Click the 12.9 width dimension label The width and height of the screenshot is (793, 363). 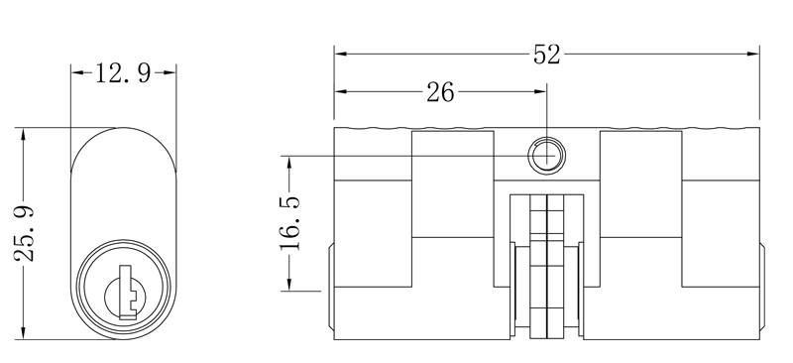click(x=123, y=73)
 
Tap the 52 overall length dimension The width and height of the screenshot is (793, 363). click(x=547, y=55)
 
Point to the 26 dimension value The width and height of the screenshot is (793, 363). click(x=440, y=92)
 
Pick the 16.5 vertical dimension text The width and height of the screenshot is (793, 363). click(x=290, y=223)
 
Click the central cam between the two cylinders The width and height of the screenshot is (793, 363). click(x=547, y=267)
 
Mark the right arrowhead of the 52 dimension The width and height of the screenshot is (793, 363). click(x=753, y=54)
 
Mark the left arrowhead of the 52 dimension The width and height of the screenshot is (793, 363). click(x=340, y=54)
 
